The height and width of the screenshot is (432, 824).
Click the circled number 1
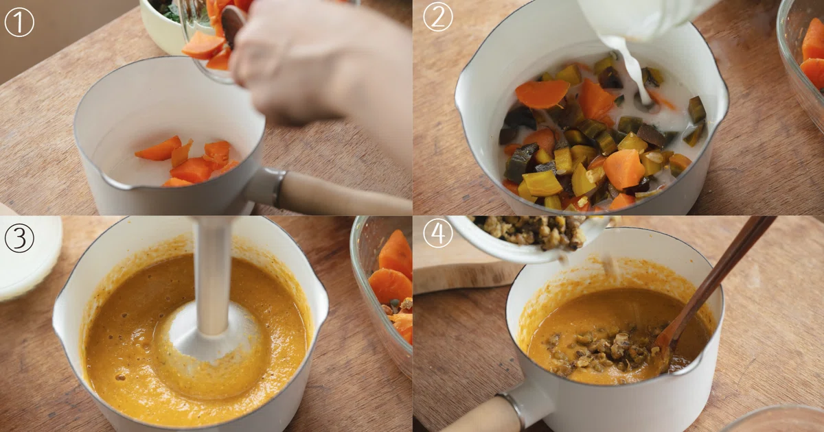[19, 22]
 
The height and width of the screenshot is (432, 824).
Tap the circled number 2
[438, 17]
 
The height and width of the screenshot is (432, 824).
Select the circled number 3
[19, 238]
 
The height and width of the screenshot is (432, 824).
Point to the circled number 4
[438, 233]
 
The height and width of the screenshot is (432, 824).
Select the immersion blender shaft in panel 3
[213, 276]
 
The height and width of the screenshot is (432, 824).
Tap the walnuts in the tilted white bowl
[529, 232]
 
